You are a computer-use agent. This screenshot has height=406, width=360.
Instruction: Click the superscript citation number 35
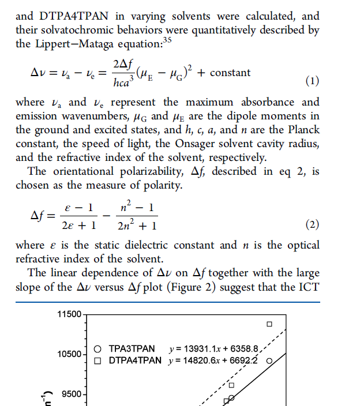(x=167, y=39)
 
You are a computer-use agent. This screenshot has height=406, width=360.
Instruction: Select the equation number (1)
(x=311, y=81)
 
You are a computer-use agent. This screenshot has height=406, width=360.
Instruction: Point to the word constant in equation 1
(x=230, y=73)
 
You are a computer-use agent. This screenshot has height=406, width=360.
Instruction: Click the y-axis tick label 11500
(x=70, y=314)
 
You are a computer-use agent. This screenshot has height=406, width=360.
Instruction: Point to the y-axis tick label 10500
(x=70, y=354)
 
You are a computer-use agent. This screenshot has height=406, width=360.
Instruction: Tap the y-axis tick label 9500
(x=72, y=394)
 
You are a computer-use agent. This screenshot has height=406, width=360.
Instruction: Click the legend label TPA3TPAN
(x=132, y=349)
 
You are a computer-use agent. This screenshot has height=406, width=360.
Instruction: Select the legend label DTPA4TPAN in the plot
(x=136, y=361)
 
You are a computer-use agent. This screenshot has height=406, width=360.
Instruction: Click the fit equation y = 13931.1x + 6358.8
(x=215, y=349)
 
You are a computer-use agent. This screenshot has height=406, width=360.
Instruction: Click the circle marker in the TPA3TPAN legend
(x=98, y=349)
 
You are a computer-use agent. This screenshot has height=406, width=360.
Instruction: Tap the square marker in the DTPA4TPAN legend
(x=98, y=361)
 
